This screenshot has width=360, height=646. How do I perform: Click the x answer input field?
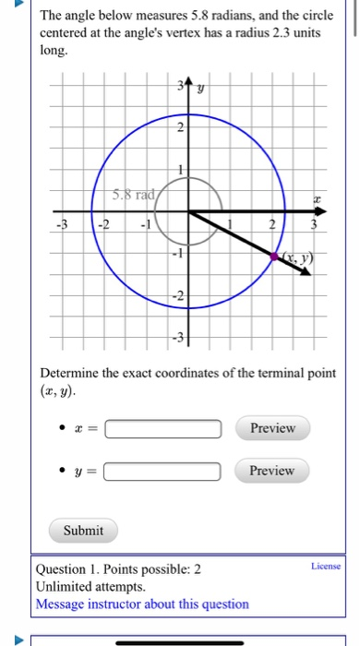[x=163, y=428]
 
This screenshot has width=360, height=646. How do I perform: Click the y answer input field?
[x=163, y=472]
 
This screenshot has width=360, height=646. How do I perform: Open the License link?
[x=326, y=566]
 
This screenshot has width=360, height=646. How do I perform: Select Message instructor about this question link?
[x=142, y=604]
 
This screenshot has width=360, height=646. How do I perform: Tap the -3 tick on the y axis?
[x=180, y=336]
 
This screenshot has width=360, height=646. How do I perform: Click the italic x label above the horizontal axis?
[x=317, y=197]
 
